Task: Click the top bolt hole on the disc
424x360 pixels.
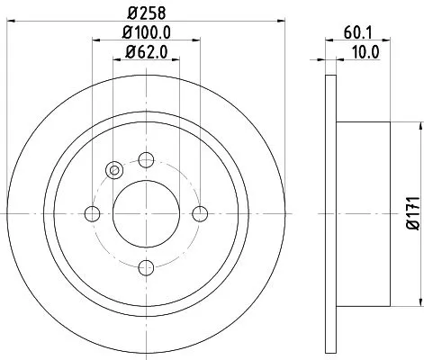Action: (146, 159)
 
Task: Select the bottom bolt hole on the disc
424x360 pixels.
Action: (146, 267)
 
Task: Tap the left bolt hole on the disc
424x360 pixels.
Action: (92, 213)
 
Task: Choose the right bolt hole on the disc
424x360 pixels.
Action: (200, 213)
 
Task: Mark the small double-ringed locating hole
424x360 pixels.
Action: (114, 170)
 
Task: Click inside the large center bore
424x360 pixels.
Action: (146, 213)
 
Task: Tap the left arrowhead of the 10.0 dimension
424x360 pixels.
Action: (326, 61)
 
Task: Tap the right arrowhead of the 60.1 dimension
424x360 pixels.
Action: (389, 41)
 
